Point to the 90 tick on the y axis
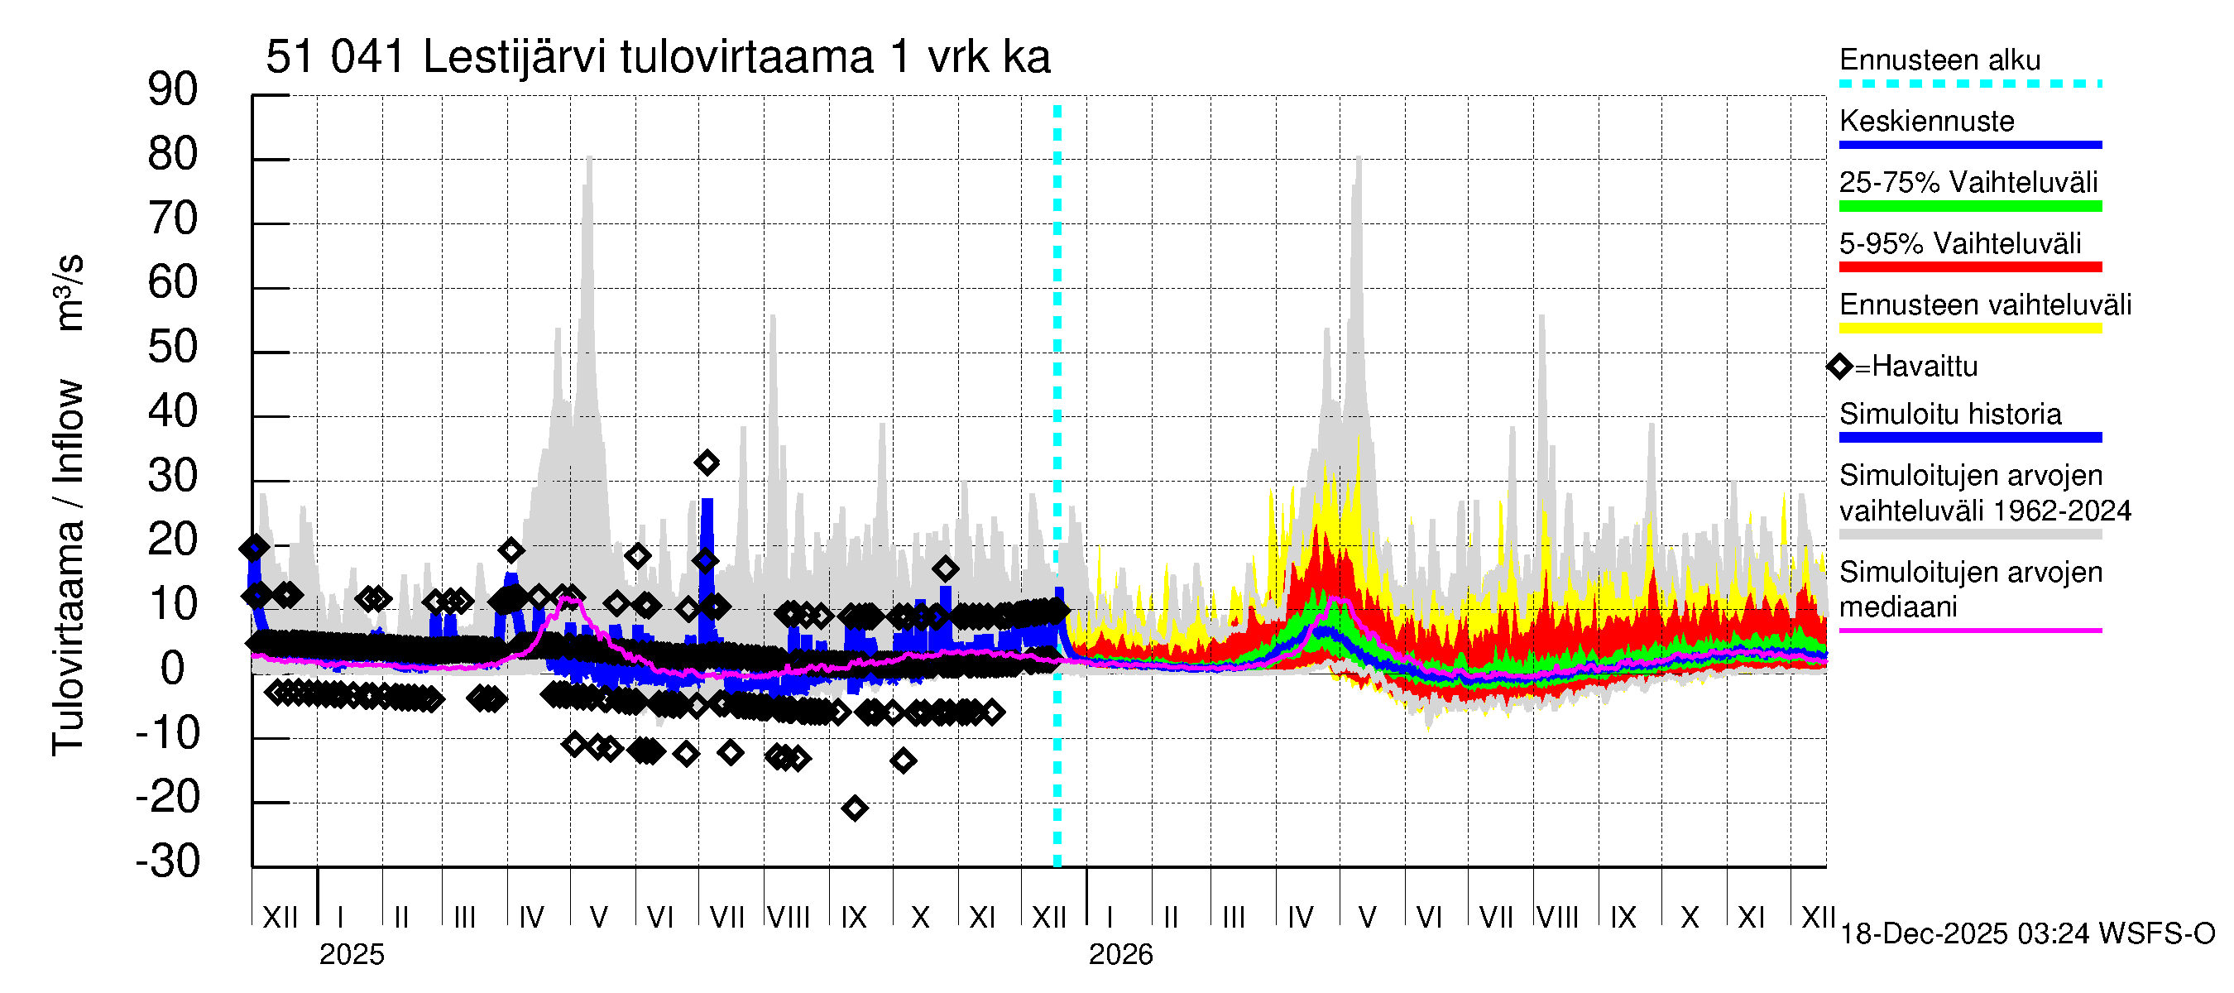coord(173,90)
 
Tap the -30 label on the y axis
coord(168,862)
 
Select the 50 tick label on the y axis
coord(173,348)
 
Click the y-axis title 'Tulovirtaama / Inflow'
coord(68,568)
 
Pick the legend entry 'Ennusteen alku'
coord(1939,60)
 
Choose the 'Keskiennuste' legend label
coord(1926,122)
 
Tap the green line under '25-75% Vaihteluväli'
coord(1969,206)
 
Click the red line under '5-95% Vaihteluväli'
coord(1969,267)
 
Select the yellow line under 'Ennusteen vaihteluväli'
coord(1969,329)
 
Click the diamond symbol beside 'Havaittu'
coord(1838,367)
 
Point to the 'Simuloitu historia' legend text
coord(1949,415)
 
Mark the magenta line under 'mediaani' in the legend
coord(1969,631)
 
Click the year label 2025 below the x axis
coord(351,955)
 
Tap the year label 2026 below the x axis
coord(1120,955)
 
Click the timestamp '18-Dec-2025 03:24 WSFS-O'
coord(2026,934)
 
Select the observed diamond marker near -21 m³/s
coord(854,809)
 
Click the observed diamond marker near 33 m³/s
coord(707,463)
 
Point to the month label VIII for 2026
coord(1557,918)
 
